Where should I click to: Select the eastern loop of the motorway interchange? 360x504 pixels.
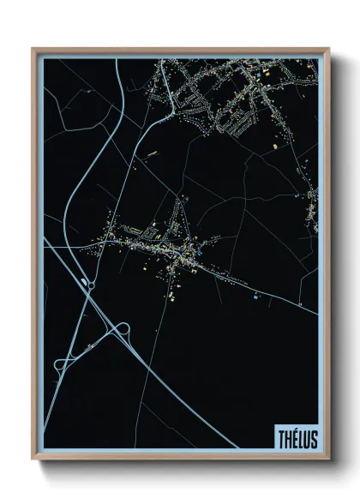tap(119, 330)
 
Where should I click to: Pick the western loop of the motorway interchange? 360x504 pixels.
tap(62, 364)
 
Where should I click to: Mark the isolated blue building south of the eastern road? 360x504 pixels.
tap(256, 297)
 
